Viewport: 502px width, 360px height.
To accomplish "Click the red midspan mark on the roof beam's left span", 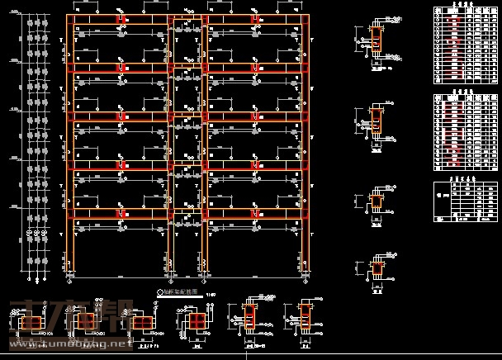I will click(x=121, y=21).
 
